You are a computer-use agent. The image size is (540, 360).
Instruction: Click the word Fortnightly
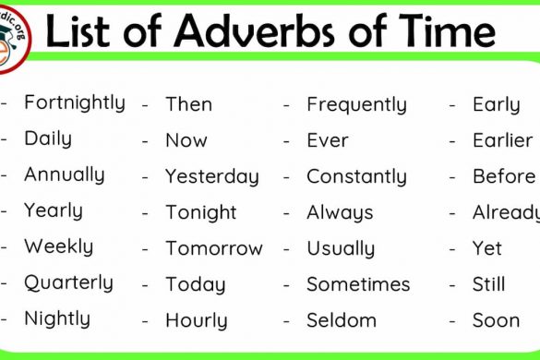click(74, 102)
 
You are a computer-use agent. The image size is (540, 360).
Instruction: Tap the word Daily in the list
click(47, 138)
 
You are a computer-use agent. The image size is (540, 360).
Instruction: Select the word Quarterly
click(68, 282)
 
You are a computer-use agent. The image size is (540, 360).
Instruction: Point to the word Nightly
click(57, 319)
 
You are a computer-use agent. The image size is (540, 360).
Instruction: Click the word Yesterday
click(212, 176)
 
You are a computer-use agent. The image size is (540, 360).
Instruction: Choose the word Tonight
click(201, 212)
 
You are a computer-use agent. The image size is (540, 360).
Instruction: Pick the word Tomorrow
click(214, 248)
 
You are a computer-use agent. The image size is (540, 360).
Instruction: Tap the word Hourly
click(195, 321)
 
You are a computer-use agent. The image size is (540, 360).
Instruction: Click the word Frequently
click(356, 105)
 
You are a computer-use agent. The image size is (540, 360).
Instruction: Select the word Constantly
click(356, 176)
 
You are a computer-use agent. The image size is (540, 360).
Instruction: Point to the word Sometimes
click(358, 284)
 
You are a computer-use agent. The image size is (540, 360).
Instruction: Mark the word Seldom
click(342, 320)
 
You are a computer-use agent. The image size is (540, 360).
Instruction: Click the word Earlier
click(502, 140)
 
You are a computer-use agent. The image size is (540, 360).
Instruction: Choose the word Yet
click(486, 248)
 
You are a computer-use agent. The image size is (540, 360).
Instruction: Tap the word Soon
click(496, 320)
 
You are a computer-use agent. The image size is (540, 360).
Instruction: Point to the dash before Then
click(145, 105)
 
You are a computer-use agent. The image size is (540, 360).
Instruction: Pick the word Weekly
click(58, 246)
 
